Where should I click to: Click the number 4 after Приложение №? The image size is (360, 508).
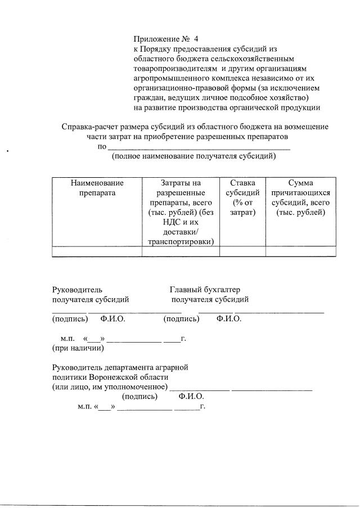[196, 39]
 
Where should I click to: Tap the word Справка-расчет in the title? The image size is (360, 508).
[90, 127]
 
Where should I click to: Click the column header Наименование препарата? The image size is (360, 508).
[97, 188]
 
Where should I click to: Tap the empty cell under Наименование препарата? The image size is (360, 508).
[97, 251]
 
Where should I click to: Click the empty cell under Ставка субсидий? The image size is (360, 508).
[242, 251]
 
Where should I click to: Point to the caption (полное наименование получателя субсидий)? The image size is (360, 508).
[194, 156]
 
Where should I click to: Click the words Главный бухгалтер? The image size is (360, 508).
[205, 290]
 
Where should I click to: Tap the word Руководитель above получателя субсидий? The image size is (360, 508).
[77, 290]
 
